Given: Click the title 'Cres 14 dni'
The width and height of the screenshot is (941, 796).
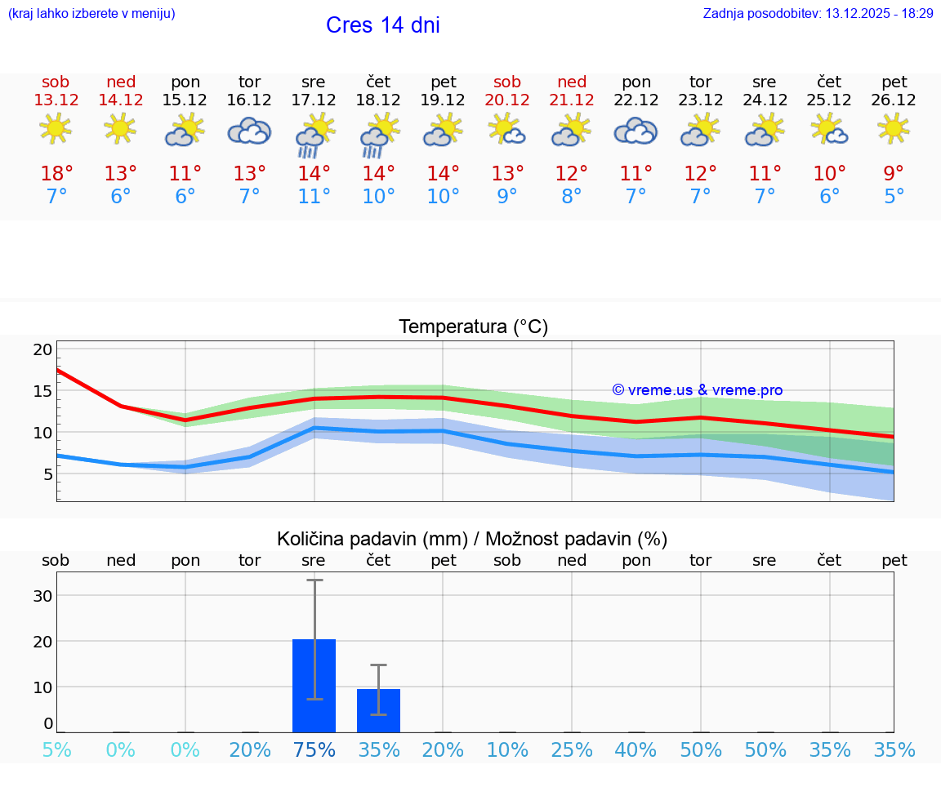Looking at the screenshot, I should tap(382, 25).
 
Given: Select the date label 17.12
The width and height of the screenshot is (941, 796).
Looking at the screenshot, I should tap(314, 100).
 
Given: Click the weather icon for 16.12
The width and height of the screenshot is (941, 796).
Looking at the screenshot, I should tap(249, 131).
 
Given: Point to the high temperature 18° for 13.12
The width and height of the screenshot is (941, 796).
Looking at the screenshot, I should tap(56, 174).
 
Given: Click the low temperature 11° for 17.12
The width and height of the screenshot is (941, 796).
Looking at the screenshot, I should tap(314, 197).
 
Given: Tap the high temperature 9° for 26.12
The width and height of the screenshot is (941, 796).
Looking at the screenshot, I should tap(894, 174).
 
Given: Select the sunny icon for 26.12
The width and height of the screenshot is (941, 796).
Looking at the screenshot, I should tap(894, 129).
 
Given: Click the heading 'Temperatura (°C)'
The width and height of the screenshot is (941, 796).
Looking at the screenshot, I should tap(473, 327).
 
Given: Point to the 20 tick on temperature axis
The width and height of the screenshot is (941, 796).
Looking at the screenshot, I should tap(42, 349).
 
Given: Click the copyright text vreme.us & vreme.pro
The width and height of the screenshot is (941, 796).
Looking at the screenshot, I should tap(697, 390).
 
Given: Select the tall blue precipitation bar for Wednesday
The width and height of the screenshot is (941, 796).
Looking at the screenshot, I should tap(314, 686).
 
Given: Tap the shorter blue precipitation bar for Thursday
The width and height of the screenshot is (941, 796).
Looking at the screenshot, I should tap(378, 710).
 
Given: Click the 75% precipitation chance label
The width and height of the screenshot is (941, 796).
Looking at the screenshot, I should tap(314, 749).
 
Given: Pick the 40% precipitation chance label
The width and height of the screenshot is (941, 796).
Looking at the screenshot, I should tap(636, 749).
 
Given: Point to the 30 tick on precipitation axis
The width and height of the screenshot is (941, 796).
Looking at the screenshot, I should tap(42, 596).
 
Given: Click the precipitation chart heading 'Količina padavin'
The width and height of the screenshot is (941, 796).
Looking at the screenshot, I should tap(472, 539).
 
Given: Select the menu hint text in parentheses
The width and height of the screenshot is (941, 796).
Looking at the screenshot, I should tap(91, 13).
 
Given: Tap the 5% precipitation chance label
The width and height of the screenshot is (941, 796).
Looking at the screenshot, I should tap(56, 749).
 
